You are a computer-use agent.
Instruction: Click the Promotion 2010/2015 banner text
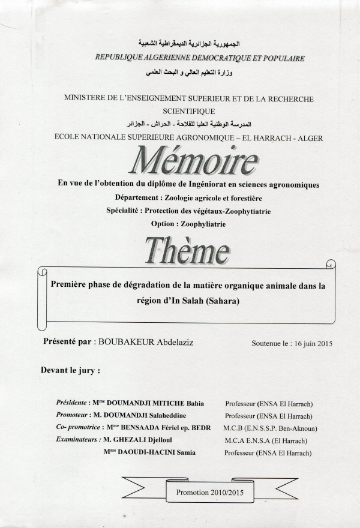209,491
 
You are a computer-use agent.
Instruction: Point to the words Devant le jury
70,370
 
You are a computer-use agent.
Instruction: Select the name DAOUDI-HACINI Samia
155,452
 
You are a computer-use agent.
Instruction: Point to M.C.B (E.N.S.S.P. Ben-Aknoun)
271,428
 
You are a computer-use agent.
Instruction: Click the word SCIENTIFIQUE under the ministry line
188,111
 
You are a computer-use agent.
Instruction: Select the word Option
164,224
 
